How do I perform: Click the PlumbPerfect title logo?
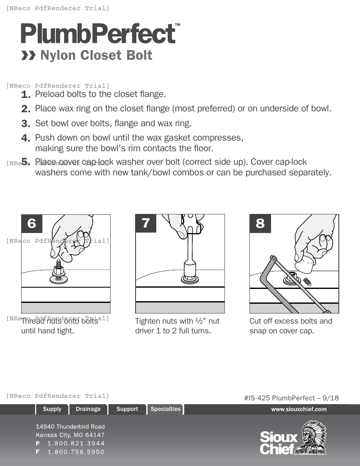(x=98, y=33)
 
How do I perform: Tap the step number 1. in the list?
(x=26, y=94)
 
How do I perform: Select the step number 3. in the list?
(x=26, y=124)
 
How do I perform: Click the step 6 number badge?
(x=32, y=223)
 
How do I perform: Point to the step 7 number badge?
(x=146, y=223)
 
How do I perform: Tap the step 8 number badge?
(x=260, y=223)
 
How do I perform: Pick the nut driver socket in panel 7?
(x=191, y=268)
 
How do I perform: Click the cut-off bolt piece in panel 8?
(x=308, y=281)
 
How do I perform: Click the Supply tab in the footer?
(x=52, y=409)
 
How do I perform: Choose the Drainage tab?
(x=88, y=409)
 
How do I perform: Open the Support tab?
(x=127, y=409)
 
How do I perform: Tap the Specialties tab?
(x=165, y=409)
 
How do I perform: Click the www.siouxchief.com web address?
(x=299, y=409)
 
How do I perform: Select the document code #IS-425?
(x=257, y=398)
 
